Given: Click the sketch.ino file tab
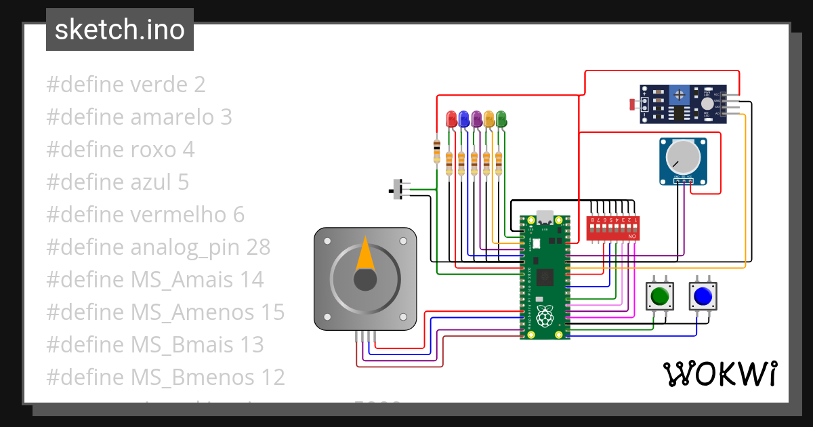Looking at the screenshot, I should pyautogui.click(x=120, y=30).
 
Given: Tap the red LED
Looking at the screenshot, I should pyautogui.click(x=451, y=120).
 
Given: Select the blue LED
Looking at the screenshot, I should pyautogui.click(x=463, y=120).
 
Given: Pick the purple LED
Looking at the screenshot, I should pyautogui.click(x=476, y=120).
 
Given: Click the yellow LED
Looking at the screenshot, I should pyautogui.click(x=488, y=120).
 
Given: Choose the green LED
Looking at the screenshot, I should pyautogui.click(x=501, y=120).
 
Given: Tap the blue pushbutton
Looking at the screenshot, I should pyautogui.click(x=702, y=296).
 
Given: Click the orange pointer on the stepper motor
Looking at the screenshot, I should pyautogui.click(x=365, y=256).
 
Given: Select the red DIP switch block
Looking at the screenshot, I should pyautogui.click(x=612, y=228).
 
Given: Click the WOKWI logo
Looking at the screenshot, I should pyautogui.click(x=719, y=373).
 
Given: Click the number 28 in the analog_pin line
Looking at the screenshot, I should pyautogui.click(x=256, y=247).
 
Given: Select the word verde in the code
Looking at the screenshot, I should pyautogui.click(x=158, y=85).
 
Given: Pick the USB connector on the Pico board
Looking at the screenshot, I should pyautogui.click(x=545, y=218).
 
